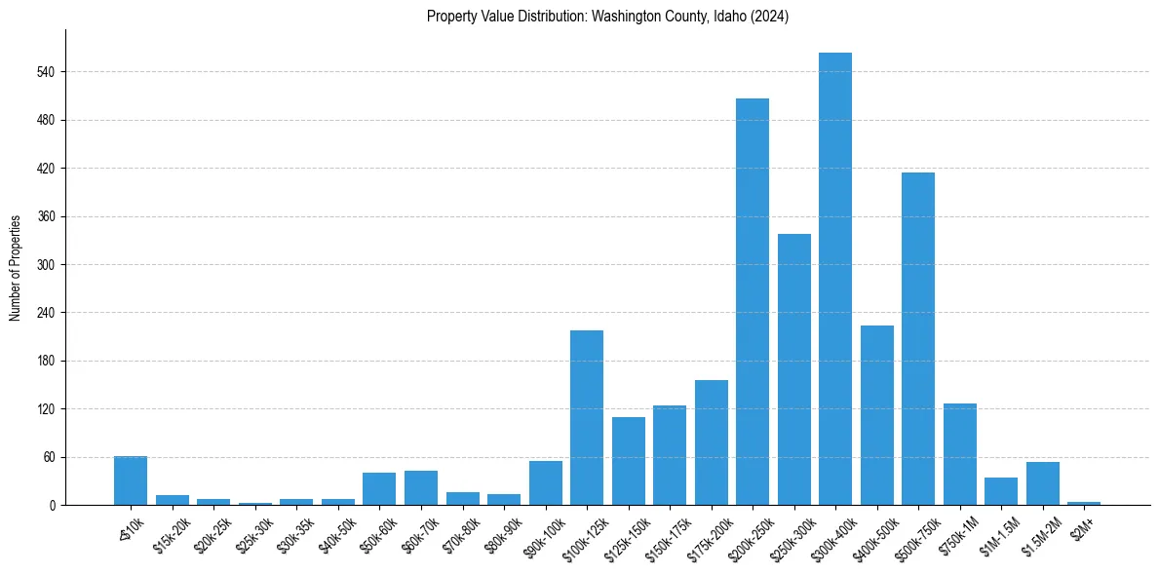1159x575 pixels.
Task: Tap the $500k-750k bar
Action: pyautogui.click(x=918, y=338)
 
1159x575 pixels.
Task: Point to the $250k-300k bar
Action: pyautogui.click(x=793, y=369)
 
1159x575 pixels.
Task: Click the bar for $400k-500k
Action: pyautogui.click(x=876, y=415)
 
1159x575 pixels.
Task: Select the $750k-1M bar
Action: pyautogui.click(x=959, y=454)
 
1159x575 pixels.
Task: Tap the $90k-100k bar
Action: pyautogui.click(x=545, y=483)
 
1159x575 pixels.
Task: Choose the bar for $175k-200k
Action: pyautogui.click(x=711, y=442)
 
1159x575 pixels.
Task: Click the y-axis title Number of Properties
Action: pyautogui.click(x=16, y=268)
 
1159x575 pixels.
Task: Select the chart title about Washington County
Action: pyautogui.click(x=607, y=17)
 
